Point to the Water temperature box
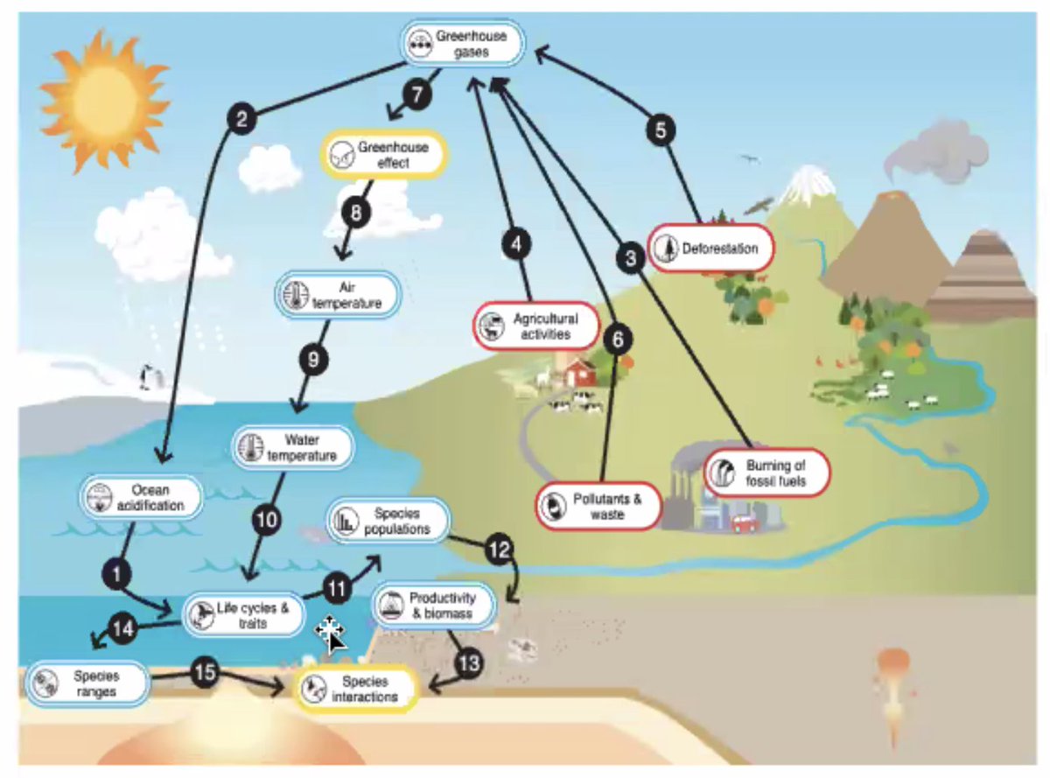(294, 446)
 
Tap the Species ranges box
(87, 683)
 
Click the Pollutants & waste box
(598, 506)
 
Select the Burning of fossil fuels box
(766, 473)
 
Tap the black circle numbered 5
(661, 130)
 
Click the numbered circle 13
(469, 662)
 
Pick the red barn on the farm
(579, 372)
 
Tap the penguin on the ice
(147, 377)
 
